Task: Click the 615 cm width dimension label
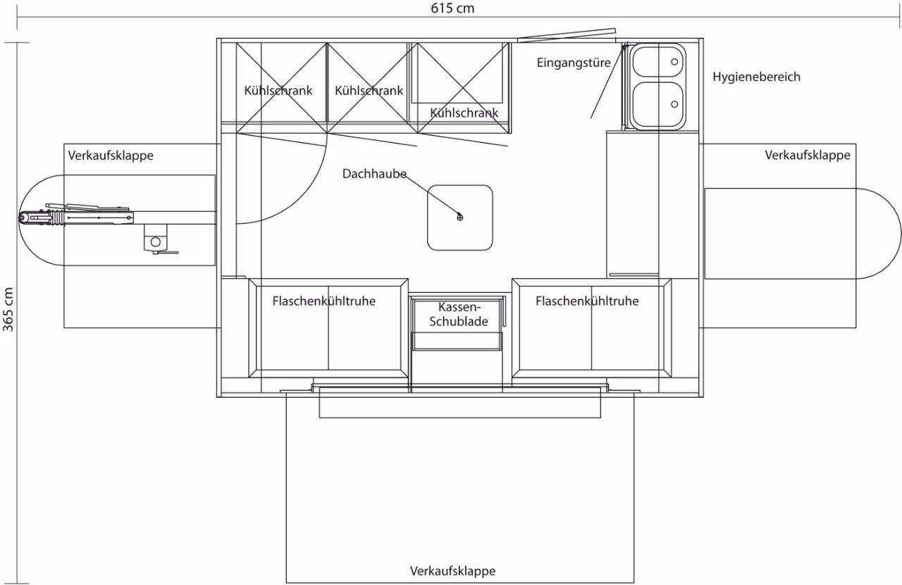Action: pyautogui.click(x=452, y=8)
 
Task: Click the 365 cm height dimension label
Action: pyautogui.click(x=8, y=309)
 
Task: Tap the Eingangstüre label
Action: pyautogui.click(x=574, y=63)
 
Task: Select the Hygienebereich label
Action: pyautogui.click(x=756, y=77)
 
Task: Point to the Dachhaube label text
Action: pyautogui.click(x=374, y=174)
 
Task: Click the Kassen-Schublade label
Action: pyautogui.click(x=459, y=314)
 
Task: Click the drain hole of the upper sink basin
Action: pyautogui.click(x=674, y=62)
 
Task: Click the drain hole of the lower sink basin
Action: pyautogui.click(x=674, y=104)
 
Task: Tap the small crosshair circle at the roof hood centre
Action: pyautogui.click(x=460, y=218)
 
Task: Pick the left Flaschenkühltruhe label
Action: pyautogui.click(x=323, y=301)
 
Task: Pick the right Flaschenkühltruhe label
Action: pyautogui.click(x=587, y=301)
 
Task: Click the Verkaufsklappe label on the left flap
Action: pyautogui.click(x=111, y=156)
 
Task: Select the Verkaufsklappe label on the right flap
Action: pyautogui.click(x=808, y=156)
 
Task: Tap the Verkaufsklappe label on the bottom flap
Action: pyautogui.click(x=452, y=571)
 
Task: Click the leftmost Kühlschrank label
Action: pyautogui.click(x=278, y=91)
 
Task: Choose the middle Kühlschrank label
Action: pyautogui.click(x=369, y=91)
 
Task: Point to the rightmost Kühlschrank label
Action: pyautogui.click(x=464, y=113)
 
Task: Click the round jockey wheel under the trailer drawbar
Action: pyautogui.click(x=156, y=242)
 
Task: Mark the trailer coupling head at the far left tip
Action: pyautogui.click(x=23, y=218)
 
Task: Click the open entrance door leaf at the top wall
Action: pyautogui.click(x=567, y=35)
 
